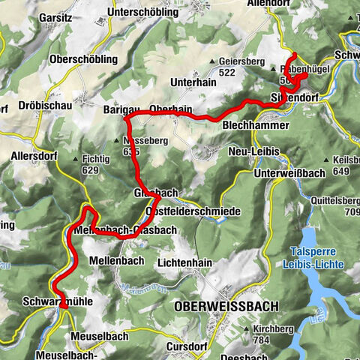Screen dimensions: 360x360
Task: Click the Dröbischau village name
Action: pos(47,106)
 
